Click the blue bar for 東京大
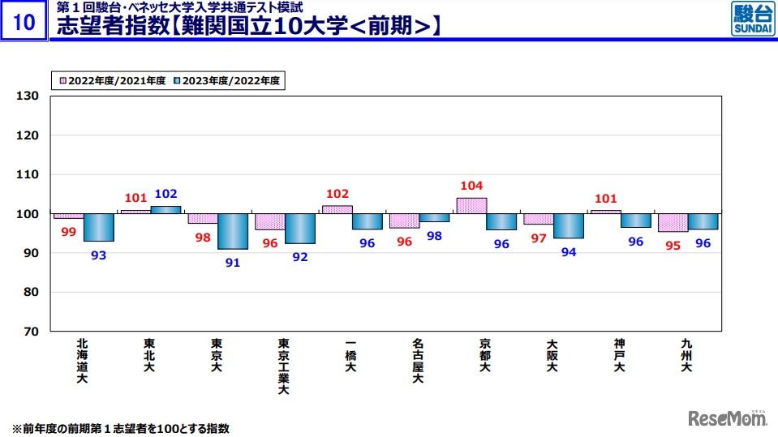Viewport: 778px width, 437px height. tap(232, 231)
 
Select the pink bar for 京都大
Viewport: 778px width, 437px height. tap(471, 206)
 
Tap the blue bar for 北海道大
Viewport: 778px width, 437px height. tap(99, 227)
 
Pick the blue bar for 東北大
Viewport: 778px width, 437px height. tap(166, 210)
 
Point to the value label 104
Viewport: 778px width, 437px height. tap(471, 186)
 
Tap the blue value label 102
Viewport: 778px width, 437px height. tap(165, 194)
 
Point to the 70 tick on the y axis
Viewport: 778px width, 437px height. tap(31, 332)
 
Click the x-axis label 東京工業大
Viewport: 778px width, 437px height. tap(283, 366)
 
